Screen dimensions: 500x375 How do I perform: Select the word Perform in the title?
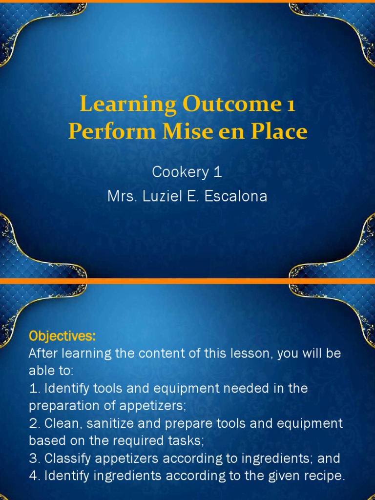tap(102, 132)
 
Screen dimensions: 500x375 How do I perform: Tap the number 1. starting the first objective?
tap(35, 389)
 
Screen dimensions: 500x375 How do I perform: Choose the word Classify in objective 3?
tap(66, 458)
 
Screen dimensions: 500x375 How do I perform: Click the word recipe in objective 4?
tap(326, 476)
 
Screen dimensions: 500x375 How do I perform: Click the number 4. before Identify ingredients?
tap(35, 476)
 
